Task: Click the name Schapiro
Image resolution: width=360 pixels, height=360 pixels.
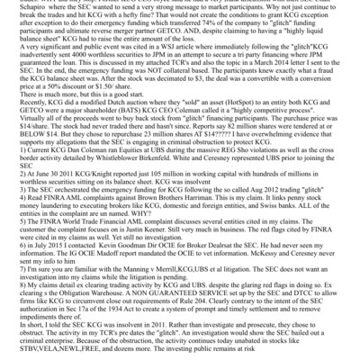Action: (x=18, y=4)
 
